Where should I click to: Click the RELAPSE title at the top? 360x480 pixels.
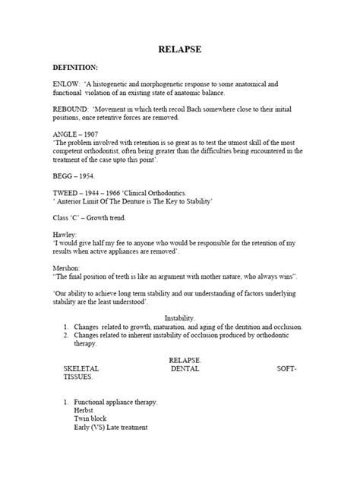[x=179, y=49]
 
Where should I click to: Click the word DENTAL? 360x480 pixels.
[x=185, y=368]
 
